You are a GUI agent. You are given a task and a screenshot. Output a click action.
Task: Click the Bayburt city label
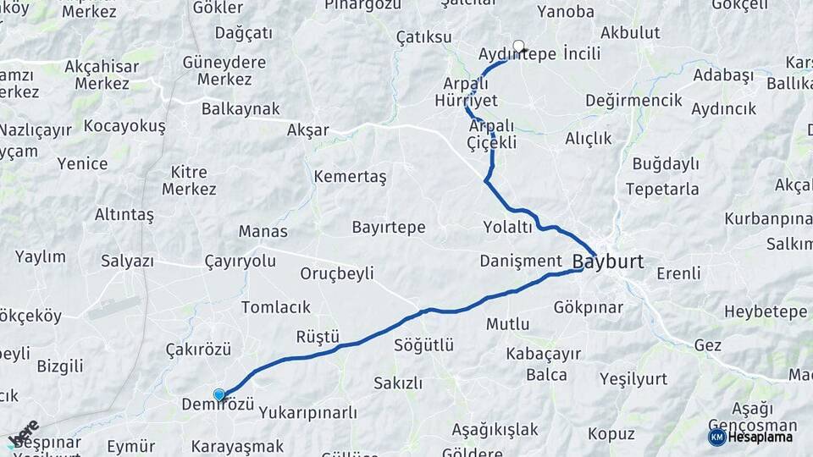click(609, 262)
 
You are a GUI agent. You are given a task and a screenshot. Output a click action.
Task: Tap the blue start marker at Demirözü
click(219, 394)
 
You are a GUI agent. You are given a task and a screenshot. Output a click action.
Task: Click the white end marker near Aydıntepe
click(518, 47)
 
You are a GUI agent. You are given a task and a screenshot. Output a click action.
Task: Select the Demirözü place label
click(218, 405)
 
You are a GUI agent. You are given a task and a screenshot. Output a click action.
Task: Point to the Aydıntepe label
click(517, 54)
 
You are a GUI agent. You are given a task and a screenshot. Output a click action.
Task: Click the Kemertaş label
click(349, 177)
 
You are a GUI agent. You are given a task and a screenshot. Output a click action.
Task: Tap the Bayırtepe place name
click(388, 228)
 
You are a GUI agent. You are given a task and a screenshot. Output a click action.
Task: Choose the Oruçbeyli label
click(337, 273)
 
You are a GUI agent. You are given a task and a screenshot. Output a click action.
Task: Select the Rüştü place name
click(318, 337)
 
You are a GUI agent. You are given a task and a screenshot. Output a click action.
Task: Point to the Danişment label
click(521, 260)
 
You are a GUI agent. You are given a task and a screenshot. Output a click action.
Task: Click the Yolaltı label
click(507, 227)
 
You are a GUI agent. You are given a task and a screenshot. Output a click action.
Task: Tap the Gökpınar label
click(588, 306)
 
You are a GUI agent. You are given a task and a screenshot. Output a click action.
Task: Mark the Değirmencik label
click(633, 101)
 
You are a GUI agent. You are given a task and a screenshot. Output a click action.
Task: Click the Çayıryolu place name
click(241, 261)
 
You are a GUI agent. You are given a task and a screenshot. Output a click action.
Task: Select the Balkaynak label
click(241, 109)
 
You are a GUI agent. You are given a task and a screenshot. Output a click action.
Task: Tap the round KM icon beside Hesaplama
click(716, 437)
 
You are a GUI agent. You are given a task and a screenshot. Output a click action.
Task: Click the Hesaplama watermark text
click(760, 437)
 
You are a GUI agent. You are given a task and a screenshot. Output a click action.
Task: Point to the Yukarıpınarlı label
click(308, 413)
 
